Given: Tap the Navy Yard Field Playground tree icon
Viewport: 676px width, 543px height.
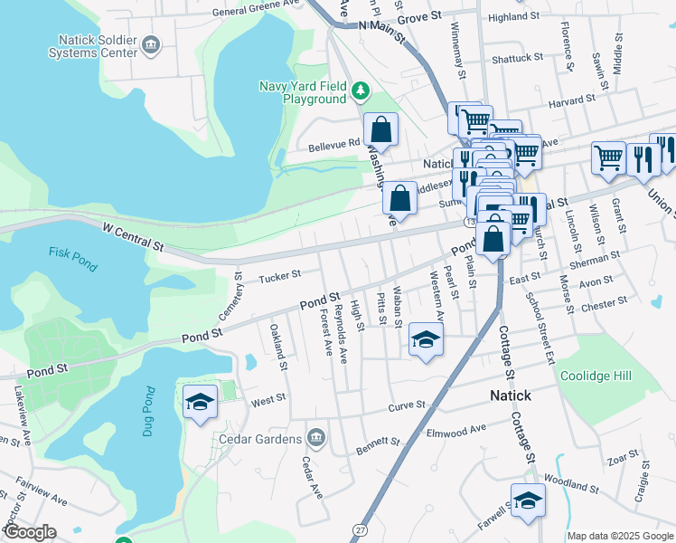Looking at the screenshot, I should (361, 90).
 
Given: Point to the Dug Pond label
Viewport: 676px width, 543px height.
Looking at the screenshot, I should (149, 412).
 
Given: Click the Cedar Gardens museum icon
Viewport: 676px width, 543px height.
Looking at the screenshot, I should (315, 439).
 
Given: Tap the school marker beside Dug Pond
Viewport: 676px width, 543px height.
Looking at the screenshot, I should (200, 402).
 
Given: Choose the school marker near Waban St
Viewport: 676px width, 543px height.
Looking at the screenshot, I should (426, 339).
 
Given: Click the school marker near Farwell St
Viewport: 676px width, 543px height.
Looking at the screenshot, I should (528, 501).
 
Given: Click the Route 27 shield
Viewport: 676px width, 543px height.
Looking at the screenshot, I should (361, 529).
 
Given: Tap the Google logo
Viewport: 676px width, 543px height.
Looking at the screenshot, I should (30, 532).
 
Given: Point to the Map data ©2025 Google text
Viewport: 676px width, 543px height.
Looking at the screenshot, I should (620, 536).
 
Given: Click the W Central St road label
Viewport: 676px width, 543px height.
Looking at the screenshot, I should (134, 239).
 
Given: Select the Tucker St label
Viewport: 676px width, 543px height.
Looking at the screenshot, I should (278, 275).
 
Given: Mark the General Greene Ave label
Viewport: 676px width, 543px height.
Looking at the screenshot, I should (256, 13).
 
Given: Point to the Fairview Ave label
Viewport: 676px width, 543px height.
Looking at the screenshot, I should (42, 494).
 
